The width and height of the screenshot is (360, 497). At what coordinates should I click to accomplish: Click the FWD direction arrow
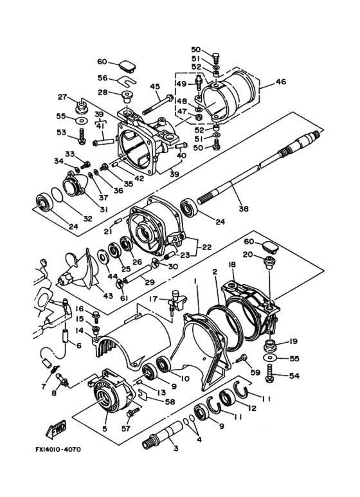click(x=57, y=429)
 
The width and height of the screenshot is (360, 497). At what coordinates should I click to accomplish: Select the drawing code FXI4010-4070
click(x=58, y=449)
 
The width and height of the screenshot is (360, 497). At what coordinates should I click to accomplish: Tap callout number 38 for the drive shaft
click(x=244, y=208)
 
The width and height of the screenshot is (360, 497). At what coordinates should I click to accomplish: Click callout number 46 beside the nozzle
click(x=280, y=82)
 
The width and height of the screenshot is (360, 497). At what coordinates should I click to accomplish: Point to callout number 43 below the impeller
click(x=108, y=296)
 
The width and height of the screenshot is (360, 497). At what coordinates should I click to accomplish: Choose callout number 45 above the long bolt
click(x=155, y=87)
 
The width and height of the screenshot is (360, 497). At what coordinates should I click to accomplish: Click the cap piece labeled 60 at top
click(x=127, y=68)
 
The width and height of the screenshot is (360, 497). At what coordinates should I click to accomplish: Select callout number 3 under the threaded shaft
click(x=176, y=448)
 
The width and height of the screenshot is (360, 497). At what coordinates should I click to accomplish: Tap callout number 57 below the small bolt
click(x=126, y=429)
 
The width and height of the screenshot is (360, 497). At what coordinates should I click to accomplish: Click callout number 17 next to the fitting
click(x=154, y=298)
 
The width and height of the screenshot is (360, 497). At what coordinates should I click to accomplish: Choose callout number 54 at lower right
click(x=294, y=375)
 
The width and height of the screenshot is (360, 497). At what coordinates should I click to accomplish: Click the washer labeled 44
click(x=104, y=256)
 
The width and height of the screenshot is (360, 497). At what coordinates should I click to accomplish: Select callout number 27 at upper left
click(x=62, y=96)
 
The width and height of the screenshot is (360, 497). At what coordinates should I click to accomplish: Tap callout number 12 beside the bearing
click(x=252, y=408)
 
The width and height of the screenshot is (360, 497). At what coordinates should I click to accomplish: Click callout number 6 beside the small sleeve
click(x=78, y=345)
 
